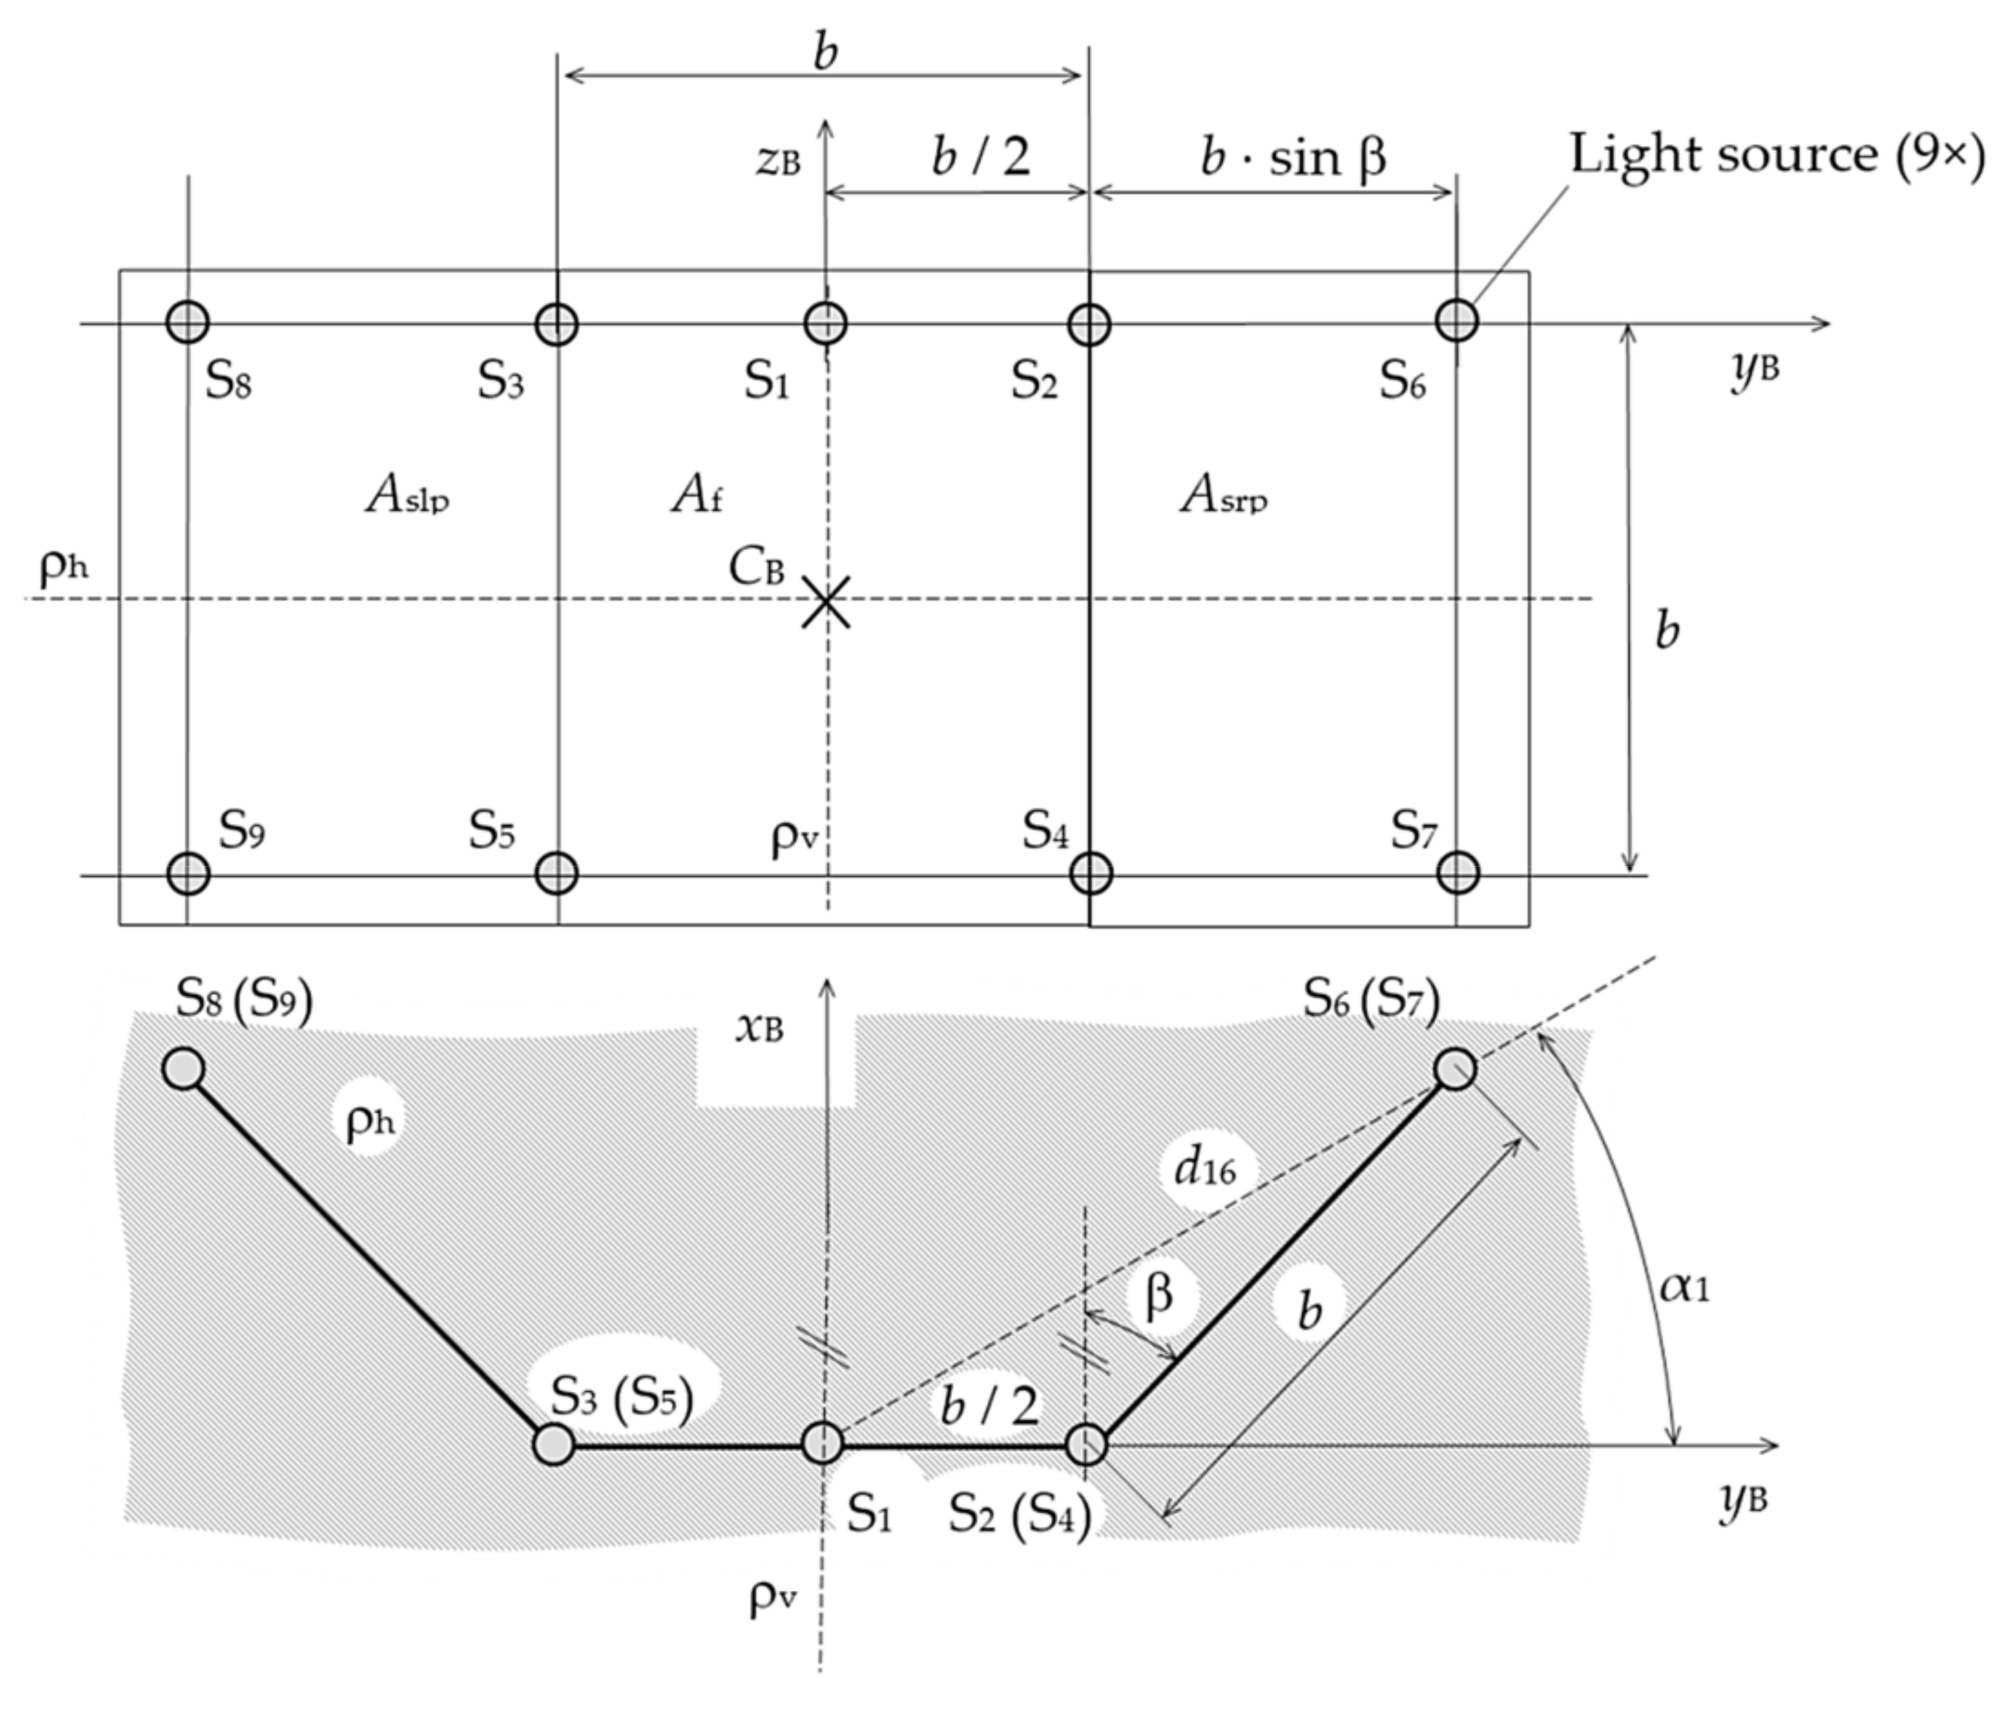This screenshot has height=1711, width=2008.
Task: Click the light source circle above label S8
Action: coord(188,321)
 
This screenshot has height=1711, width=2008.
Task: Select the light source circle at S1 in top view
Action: coord(826,322)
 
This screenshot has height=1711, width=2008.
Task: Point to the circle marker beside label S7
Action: coord(1458,872)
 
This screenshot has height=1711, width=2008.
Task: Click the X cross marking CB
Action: coord(826,601)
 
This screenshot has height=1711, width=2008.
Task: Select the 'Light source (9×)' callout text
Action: coord(1776,155)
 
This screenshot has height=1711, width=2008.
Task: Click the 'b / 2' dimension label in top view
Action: coord(981,157)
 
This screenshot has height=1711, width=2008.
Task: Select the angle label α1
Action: coord(1684,1287)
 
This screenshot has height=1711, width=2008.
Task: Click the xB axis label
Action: coord(759,1028)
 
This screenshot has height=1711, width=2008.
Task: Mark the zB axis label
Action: coord(778,161)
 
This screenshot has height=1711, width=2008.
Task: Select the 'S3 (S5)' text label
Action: coord(622,1398)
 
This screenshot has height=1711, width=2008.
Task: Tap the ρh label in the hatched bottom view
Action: coord(369,1122)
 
